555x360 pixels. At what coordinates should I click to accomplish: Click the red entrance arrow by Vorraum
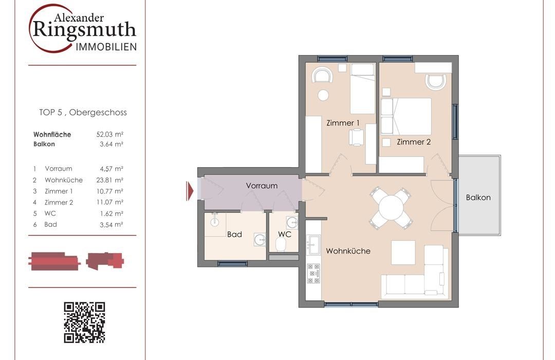point(190,191)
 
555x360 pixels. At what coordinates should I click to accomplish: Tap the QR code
point(84,322)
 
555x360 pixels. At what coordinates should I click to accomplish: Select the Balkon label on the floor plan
point(478,197)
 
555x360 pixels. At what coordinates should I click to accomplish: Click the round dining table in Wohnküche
point(391,208)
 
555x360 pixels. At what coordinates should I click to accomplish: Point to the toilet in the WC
point(281,244)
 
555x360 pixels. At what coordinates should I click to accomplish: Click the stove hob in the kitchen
point(313,274)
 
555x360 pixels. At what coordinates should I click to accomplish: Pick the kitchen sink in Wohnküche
point(313,245)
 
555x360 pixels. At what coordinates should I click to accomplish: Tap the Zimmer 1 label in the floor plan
point(343,123)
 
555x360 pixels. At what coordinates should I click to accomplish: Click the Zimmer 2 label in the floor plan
point(413,142)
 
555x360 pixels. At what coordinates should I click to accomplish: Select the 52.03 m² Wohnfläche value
point(110,134)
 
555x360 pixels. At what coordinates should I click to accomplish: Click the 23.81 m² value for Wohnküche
point(110,180)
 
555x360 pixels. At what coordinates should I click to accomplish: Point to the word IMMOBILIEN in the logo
point(106,47)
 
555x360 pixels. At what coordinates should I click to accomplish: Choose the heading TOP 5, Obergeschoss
point(83,112)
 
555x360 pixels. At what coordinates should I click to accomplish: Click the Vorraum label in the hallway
point(262,186)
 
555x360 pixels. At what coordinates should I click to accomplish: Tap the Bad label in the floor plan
point(234,234)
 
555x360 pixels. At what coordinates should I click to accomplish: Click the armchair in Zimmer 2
point(436,82)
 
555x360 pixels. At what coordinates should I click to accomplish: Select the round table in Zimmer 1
point(323,95)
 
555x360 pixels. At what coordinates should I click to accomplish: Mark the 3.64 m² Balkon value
point(112,144)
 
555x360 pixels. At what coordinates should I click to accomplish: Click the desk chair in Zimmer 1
point(356,137)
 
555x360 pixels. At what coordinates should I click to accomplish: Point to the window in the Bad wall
point(232,264)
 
